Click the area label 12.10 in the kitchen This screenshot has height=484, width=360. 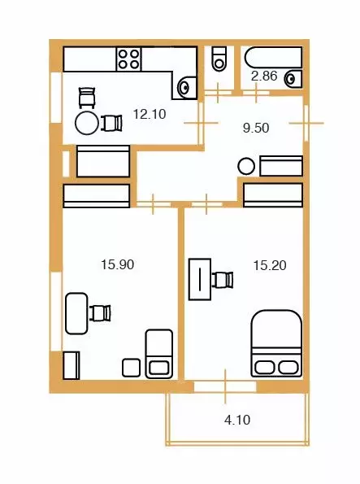click(x=150, y=114)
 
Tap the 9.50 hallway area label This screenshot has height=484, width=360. click(x=256, y=128)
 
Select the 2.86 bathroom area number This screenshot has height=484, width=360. click(x=264, y=76)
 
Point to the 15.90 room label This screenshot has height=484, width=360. click(x=118, y=264)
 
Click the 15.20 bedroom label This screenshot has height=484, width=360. click(x=270, y=265)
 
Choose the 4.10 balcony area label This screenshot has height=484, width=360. click(x=237, y=420)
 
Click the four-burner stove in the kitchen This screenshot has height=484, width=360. click(x=128, y=59)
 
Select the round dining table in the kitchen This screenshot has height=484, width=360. click(x=87, y=123)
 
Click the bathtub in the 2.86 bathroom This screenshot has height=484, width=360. click(x=273, y=57)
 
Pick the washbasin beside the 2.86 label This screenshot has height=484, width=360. click(x=293, y=80)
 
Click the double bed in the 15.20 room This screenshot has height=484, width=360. click(x=277, y=343)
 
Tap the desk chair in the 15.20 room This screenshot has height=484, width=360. click(x=223, y=280)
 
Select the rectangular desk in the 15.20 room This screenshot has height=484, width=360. click(x=200, y=279)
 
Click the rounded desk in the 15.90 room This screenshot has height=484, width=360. click(x=77, y=314)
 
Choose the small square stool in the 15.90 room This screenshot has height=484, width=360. click(x=132, y=368)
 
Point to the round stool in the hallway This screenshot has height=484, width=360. click(x=246, y=166)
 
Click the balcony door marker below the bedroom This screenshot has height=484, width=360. click(x=225, y=386)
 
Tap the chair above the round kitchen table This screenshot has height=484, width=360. click(x=87, y=98)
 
